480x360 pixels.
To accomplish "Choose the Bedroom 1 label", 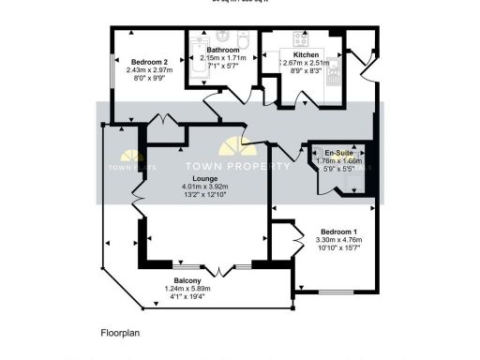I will pos(337,232).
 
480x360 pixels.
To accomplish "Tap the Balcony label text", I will pos(189,279).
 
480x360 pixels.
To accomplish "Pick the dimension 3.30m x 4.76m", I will pos(337,241).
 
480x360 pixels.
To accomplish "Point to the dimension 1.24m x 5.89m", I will pos(189,289).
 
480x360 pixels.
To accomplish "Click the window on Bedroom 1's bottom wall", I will pos(329,292).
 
